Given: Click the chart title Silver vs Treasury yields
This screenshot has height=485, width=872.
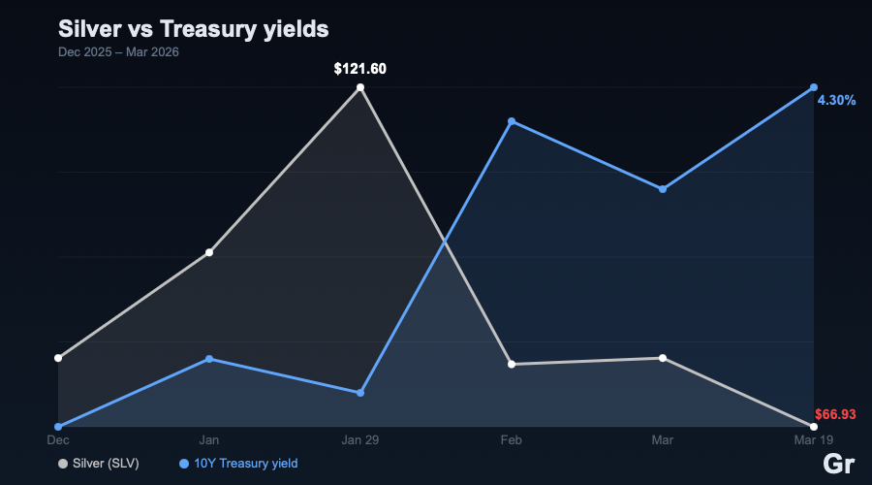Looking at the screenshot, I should point(194,28).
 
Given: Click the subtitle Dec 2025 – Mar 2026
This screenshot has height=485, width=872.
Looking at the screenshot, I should point(118,51).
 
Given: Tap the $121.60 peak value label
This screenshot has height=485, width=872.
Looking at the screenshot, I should point(360,69).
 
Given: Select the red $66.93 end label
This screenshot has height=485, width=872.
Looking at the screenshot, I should point(835,414).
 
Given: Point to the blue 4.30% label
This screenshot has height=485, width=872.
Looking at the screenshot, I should point(836,100).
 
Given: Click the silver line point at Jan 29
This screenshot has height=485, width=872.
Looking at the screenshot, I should point(360,87).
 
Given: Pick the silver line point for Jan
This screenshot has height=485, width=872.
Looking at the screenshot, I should point(209,252).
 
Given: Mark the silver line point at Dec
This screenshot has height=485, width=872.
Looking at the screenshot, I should point(58,358).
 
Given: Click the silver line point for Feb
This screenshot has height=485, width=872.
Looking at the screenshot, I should point(512,364).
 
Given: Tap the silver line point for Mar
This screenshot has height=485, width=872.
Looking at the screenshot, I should point(663,358).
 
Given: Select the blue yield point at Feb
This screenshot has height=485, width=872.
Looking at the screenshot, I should point(512,121).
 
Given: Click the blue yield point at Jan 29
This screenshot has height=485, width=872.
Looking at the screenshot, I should point(360,393).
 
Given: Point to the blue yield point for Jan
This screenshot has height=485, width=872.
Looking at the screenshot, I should point(209,359).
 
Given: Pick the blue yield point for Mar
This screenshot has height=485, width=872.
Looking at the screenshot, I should point(663,189).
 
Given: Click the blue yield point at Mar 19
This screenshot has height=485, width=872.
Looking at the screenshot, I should point(814,87).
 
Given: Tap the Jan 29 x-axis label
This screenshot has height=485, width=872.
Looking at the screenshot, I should point(360,440).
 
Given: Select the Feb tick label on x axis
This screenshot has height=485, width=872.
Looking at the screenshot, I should point(512,440).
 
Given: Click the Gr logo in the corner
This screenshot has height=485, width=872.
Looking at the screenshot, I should point(838,464).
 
